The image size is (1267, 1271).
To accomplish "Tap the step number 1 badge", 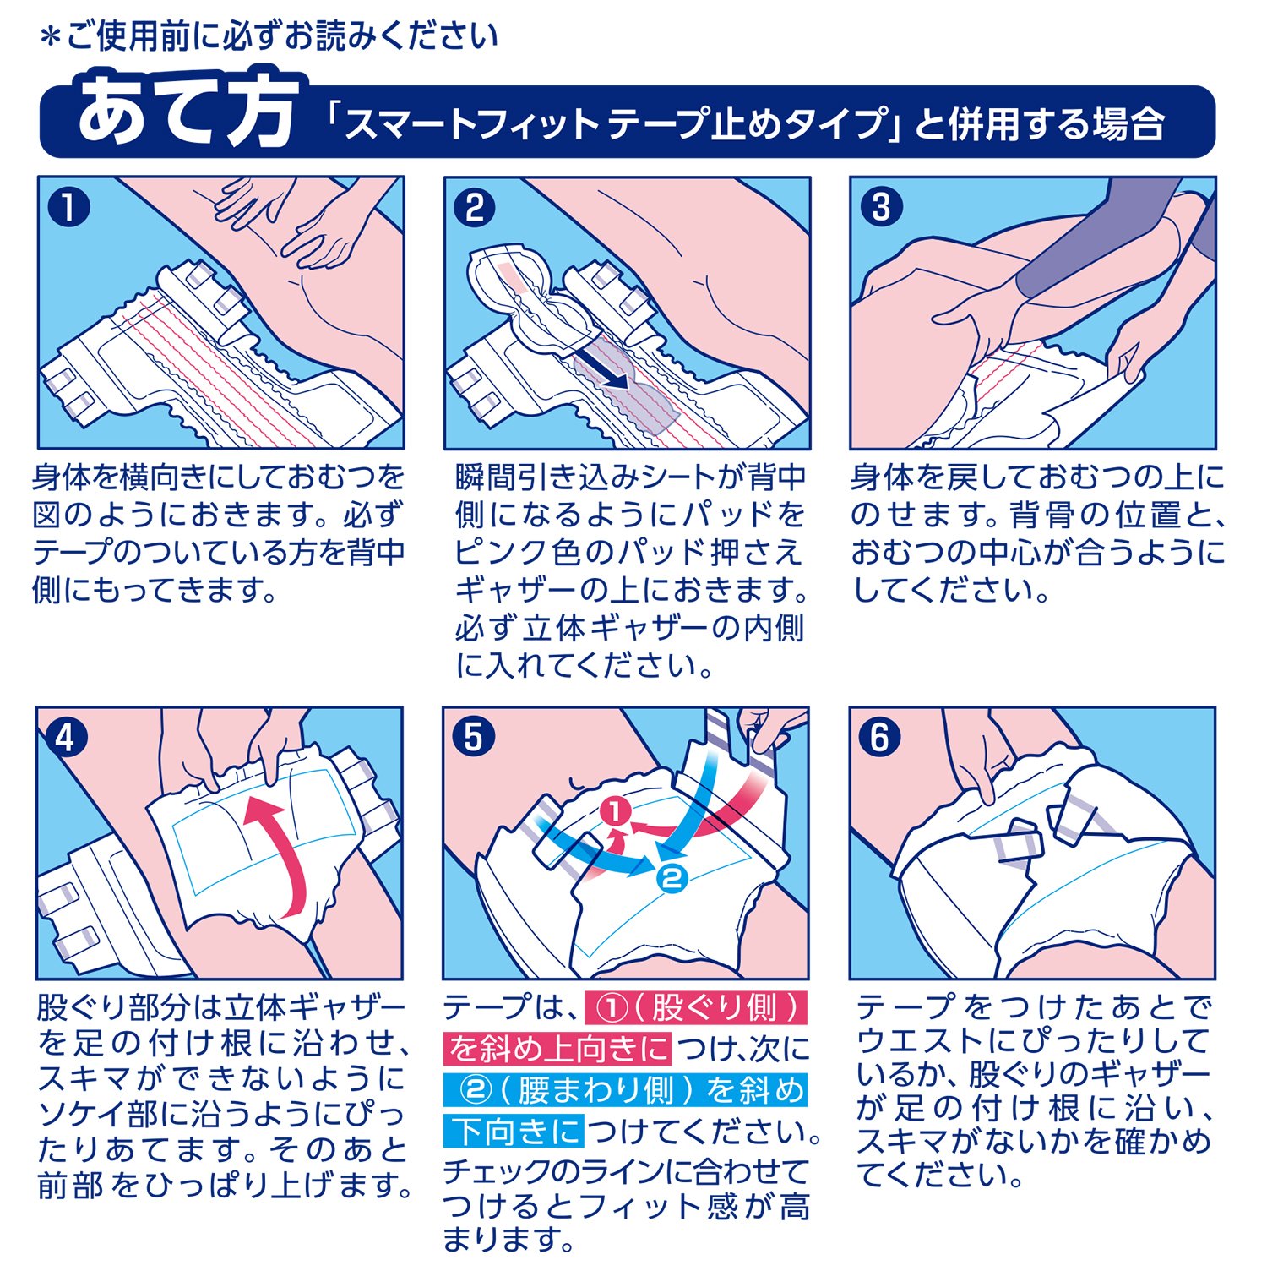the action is coord(69,206).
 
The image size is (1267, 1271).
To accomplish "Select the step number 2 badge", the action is coord(474,207).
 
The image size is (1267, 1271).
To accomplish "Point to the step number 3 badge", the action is coord(881,207).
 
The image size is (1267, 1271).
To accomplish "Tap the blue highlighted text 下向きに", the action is coord(514,1131).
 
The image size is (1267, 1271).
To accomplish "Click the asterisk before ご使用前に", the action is coord(51,37).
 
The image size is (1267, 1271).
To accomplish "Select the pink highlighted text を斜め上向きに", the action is coord(558,1049).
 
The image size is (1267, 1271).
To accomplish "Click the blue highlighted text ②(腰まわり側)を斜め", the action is coord(626,1090).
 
